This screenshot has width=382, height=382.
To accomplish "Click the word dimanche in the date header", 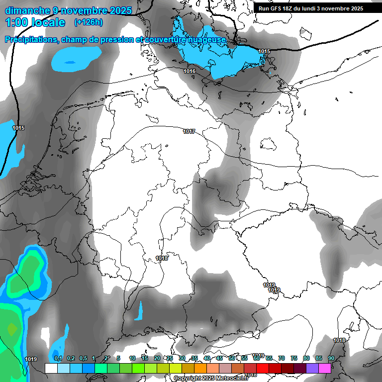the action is click(27, 10).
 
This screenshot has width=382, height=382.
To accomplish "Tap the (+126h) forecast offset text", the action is click(89, 22).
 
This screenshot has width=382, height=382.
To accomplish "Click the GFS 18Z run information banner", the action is click(310, 8).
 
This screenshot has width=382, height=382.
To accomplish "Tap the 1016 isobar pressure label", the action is click(189, 72).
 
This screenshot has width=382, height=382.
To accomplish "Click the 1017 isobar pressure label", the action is click(189, 132).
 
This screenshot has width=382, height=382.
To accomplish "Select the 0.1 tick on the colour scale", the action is click(58, 358).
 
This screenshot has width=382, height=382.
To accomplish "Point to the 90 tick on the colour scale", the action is click(331, 358).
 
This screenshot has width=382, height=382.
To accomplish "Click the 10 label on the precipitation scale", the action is click(132, 358).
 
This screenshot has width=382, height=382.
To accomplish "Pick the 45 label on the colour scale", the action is click(219, 358).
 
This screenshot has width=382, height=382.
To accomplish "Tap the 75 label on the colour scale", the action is click(294, 358).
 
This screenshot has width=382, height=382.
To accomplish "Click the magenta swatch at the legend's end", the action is click(325, 368).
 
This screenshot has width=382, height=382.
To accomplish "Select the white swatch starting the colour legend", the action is click(51, 368).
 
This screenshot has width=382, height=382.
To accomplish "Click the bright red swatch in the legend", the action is click(263, 368).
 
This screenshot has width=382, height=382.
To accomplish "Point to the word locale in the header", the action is click(48, 22).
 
